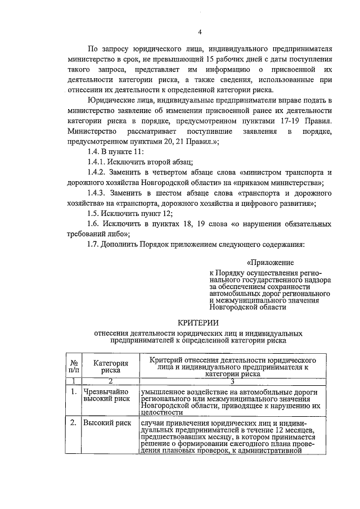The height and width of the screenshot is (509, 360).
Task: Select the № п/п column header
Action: click(74, 367)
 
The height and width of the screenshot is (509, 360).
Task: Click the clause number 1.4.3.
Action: click(100, 193)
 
